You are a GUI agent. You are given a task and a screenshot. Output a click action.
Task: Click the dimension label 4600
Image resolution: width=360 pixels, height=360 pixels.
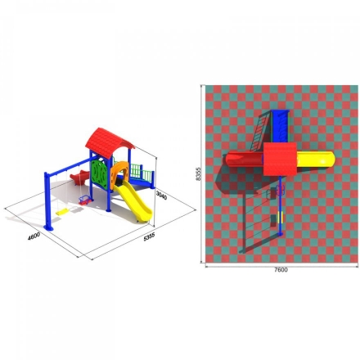tap(34, 236)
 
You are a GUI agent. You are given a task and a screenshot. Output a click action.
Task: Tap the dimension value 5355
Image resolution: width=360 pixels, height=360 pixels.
tap(149, 236)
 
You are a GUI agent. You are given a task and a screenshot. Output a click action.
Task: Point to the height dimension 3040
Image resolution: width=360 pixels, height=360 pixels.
tap(161, 195)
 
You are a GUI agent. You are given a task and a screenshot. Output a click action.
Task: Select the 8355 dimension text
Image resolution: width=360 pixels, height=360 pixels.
tap(198, 173)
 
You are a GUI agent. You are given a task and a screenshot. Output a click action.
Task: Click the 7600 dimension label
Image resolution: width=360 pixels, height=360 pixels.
tap(281, 270)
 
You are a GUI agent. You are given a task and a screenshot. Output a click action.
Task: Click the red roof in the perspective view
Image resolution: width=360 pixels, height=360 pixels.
tap(109, 142)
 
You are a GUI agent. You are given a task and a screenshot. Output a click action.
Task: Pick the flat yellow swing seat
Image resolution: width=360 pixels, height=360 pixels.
tap(62, 212)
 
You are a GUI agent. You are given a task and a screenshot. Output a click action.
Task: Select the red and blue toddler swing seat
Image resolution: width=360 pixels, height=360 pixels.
tap(85, 201)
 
